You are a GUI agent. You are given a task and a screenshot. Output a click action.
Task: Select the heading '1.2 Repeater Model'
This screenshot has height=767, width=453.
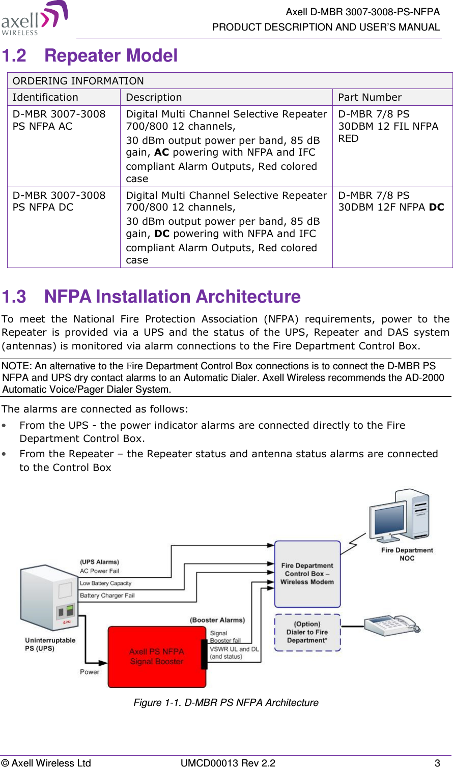coord(90,55)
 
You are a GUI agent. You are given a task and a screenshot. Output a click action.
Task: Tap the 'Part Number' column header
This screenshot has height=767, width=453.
coord(370,97)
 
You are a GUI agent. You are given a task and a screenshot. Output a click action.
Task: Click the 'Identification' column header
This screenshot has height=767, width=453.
coord(45,97)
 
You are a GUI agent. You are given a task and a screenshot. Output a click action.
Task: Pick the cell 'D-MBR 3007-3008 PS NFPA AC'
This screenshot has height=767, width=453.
coord(59,120)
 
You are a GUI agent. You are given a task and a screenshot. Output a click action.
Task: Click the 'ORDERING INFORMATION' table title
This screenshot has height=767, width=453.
coord(78,81)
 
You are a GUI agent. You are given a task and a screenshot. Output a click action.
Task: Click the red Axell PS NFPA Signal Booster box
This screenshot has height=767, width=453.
coord(157,657)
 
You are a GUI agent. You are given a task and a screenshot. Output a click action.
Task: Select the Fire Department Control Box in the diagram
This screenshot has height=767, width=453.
coord(307,574)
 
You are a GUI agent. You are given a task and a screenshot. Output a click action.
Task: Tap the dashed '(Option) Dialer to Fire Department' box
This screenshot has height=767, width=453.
coord(307,632)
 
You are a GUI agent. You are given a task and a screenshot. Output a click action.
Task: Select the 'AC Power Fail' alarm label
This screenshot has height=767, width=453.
coord(99,571)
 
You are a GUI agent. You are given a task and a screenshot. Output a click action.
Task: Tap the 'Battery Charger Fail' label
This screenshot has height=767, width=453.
coord(107,596)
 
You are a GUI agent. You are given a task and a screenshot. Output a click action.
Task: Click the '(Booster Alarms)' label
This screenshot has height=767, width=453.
coord(217,620)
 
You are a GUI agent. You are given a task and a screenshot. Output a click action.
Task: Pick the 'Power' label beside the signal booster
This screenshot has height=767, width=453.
coord(90,672)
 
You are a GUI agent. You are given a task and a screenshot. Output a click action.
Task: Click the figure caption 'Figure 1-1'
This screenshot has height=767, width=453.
coord(225,702)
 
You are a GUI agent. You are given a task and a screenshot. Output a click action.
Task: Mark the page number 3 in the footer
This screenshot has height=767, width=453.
coord(437,762)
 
